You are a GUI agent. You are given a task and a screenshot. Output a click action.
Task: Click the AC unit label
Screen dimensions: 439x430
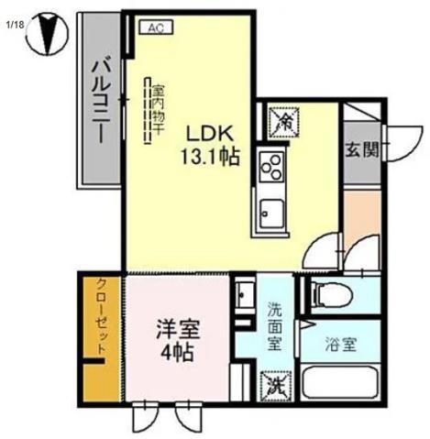coord(155,28)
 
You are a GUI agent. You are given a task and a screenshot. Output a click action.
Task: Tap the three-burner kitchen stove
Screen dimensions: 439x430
coord(272,168)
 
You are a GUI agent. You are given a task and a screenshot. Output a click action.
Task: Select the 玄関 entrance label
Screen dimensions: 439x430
coord(359,149)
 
